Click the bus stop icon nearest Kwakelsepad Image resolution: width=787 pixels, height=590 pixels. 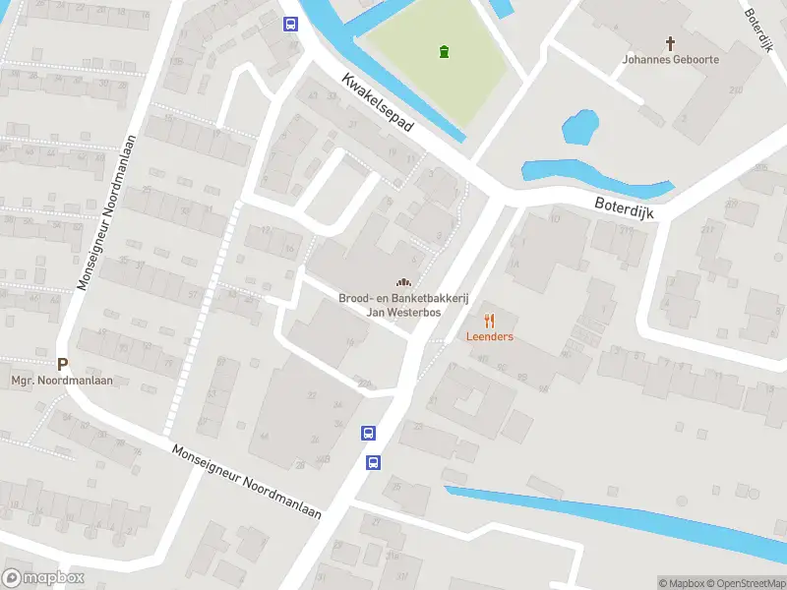pyautogui.click(x=291, y=25)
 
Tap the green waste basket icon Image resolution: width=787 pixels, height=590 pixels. pyautogui.click(x=445, y=51)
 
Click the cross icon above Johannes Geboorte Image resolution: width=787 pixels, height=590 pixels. pyautogui.click(x=671, y=43)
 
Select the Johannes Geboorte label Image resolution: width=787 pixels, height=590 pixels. pyautogui.click(x=671, y=60)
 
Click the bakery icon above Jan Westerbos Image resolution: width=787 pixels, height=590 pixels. pyautogui.click(x=402, y=283)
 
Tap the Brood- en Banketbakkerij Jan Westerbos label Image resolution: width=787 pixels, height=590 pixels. pyautogui.click(x=402, y=305)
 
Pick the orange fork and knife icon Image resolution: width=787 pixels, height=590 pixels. pyautogui.click(x=489, y=321)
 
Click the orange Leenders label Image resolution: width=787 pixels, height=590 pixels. pyautogui.click(x=489, y=336)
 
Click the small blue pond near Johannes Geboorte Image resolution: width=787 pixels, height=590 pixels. pyautogui.click(x=579, y=127)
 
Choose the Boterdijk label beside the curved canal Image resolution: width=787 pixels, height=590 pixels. pyautogui.click(x=624, y=206)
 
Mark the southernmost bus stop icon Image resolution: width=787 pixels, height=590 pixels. pyautogui.click(x=374, y=462)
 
